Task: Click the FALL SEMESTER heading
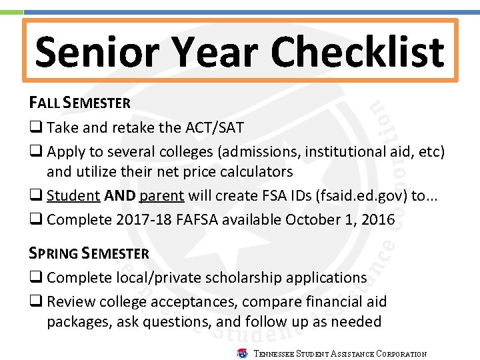[x=79, y=103]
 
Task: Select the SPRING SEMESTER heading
[x=89, y=253]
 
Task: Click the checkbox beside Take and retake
[x=35, y=128]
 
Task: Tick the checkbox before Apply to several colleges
[x=35, y=151]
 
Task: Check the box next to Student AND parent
[x=35, y=196]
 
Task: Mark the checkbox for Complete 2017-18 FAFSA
[x=35, y=219]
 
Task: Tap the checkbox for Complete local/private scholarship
[x=35, y=278]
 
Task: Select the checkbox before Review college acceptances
[x=35, y=301]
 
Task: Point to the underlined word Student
[x=73, y=196]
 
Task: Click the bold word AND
[x=119, y=196]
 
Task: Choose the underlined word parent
[x=162, y=196]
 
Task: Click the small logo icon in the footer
[x=242, y=353]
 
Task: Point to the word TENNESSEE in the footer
[x=274, y=354]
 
